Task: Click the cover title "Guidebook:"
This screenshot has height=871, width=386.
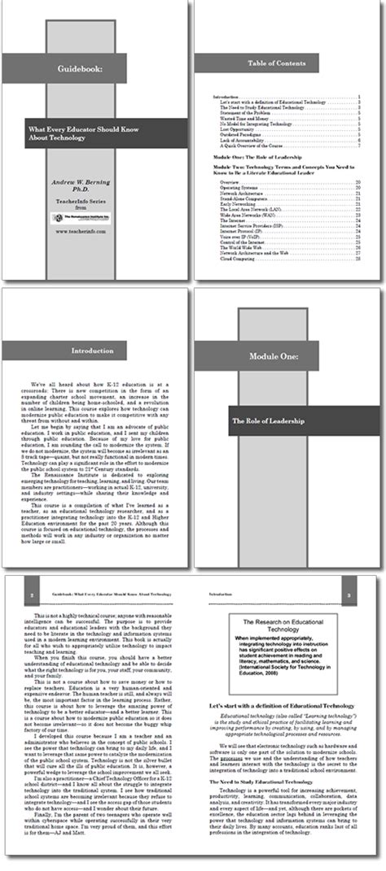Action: (80, 70)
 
